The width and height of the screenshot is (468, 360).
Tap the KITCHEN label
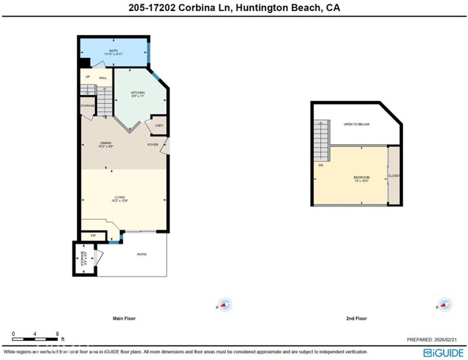tap(137, 93)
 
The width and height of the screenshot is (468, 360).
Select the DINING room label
tap(106, 143)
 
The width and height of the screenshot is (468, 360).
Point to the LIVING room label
tap(120, 197)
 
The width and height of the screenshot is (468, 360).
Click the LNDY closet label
tap(159, 126)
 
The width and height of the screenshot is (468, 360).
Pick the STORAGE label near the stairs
tap(88, 106)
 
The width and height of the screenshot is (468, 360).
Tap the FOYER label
tap(153, 144)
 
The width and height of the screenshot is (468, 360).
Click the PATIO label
tap(142, 254)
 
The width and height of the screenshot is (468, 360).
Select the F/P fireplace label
tap(92, 235)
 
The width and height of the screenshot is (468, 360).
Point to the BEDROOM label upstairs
tap(361, 178)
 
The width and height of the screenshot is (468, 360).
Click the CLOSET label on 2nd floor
tap(394, 176)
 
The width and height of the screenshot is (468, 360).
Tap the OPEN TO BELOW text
tap(357, 124)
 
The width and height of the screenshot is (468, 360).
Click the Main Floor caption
tap(124, 318)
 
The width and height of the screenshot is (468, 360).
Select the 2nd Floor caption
tap(355, 318)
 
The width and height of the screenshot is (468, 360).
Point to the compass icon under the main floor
tap(224, 305)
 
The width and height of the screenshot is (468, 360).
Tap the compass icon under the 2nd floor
tap(444, 305)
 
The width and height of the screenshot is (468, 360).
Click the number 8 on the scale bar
tap(57, 334)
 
